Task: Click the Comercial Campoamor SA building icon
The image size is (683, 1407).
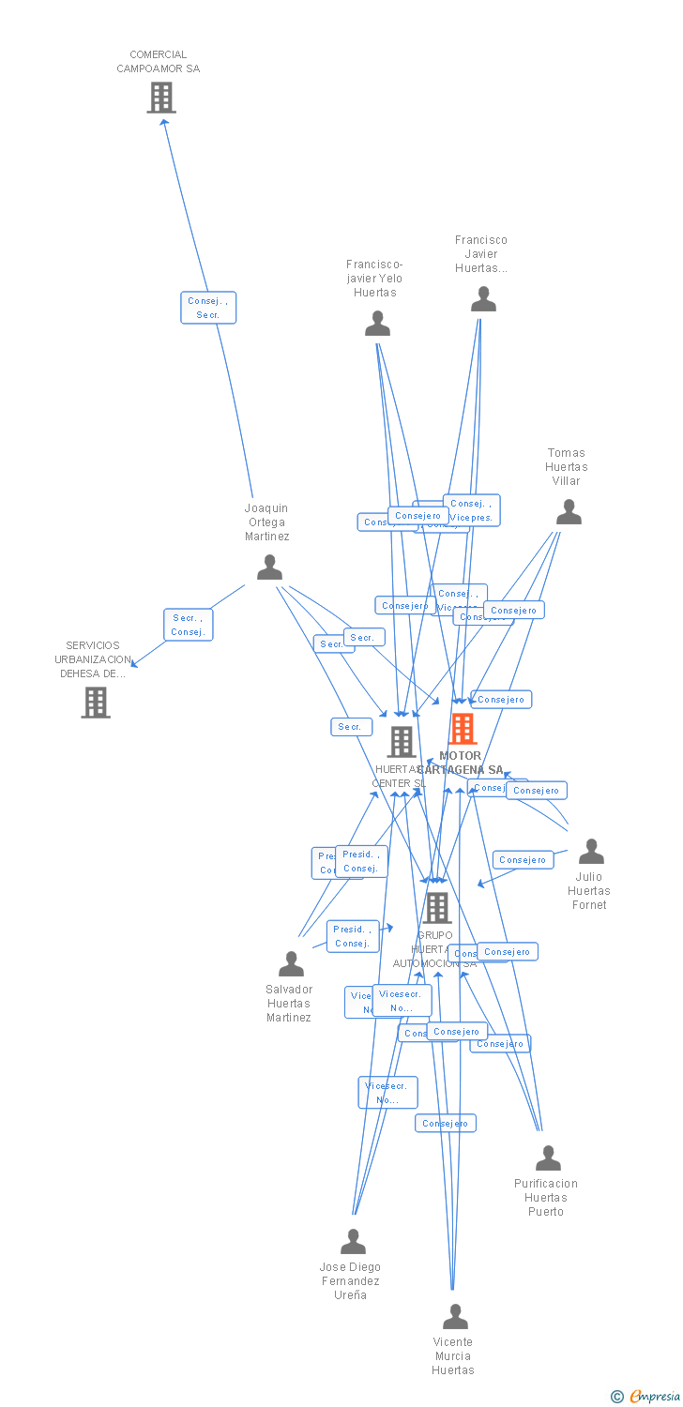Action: (x=161, y=98)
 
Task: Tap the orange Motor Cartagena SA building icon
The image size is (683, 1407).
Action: (x=463, y=729)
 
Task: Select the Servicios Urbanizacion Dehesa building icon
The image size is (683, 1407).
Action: (x=96, y=703)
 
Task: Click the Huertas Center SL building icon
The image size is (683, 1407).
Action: (x=402, y=742)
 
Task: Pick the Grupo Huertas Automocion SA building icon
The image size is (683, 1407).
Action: (x=436, y=908)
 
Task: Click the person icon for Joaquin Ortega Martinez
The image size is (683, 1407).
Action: (x=269, y=567)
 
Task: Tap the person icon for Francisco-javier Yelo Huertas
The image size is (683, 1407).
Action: (x=377, y=324)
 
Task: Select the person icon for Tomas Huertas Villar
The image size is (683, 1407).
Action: (x=569, y=512)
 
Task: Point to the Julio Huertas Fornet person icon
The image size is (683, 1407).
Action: (x=591, y=852)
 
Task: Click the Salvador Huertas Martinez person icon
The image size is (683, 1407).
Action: (x=291, y=964)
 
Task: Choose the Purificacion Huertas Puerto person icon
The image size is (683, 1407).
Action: (x=548, y=1158)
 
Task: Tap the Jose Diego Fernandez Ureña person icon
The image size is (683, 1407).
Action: (x=353, y=1242)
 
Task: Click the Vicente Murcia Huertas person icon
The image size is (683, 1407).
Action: (x=455, y=1317)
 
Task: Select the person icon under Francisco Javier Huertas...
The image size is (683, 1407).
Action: (x=483, y=299)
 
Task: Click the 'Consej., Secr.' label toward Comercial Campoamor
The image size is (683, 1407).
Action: (x=208, y=308)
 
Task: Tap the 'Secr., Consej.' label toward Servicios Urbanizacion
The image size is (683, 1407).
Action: (x=188, y=625)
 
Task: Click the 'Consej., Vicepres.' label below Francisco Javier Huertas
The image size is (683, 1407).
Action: (x=471, y=510)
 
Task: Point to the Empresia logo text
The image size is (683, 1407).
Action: (x=654, y=1397)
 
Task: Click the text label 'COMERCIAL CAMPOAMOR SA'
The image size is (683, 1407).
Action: (x=159, y=61)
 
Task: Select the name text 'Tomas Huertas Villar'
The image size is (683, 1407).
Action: (x=567, y=466)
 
